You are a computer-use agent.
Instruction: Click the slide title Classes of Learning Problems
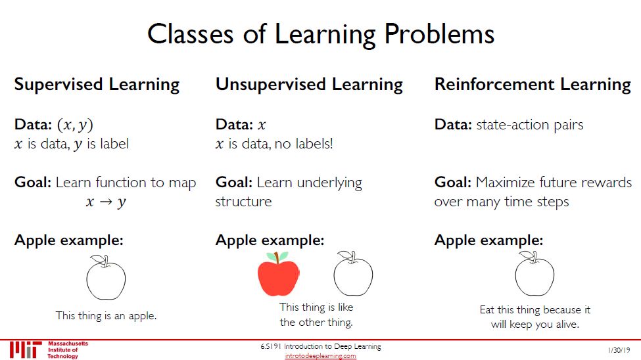pyautogui.click(x=321, y=34)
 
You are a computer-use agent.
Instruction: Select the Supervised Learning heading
pyautogui.click(x=97, y=85)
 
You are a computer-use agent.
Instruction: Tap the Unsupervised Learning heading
pyautogui.click(x=309, y=85)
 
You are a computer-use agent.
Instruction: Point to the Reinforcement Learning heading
pyautogui.click(x=533, y=85)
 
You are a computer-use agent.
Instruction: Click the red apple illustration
pyautogui.click(x=278, y=274)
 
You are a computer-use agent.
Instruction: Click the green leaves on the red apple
pyautogui.click(x=277, y=256)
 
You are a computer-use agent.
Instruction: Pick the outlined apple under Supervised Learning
pyautogui.click(x=106, y=277)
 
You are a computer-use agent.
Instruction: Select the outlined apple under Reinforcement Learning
pyautogui.click(x=534, y=273)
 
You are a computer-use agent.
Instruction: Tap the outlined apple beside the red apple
pyautogui.click(x=353, y=273)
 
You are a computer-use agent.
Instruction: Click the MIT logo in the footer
pyautogui.click(x=26, y=349)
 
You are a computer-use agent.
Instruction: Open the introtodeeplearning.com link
pyautogui.click(x=321, y=356)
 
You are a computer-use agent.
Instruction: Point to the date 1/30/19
pyautogui.click(x=619, y=350)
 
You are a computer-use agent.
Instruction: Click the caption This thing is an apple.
pyautogui.click(x=107, y=316)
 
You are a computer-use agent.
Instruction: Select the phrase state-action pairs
pyautogui.click(x=530, y=125)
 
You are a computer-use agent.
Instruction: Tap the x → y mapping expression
pyautogui.click(x=106, y=202)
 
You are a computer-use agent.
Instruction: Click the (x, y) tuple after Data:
pyautogui.click(x=75, y=125)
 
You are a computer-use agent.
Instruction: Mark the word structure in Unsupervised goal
pyautogui.click(x=243, y=202)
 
